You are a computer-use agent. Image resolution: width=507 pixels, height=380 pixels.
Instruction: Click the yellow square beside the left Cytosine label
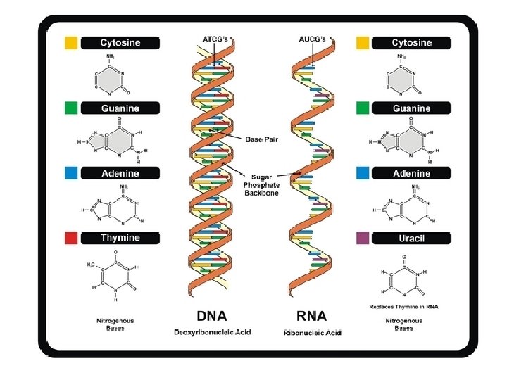[x=70, y=43]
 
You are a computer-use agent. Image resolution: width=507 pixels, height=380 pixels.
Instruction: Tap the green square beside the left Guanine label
[x=70, y=108]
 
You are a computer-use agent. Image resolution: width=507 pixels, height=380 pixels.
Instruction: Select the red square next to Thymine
[x=70, y=238]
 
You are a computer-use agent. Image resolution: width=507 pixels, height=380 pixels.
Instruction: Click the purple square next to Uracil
[x=363, y=238]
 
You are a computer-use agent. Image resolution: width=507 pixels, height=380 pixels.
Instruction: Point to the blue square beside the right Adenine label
[x=363, y=172]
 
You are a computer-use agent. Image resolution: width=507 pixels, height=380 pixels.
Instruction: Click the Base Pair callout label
[x=261, y=139]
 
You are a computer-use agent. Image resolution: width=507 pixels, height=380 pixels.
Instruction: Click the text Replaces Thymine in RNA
[x=403, y=306]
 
